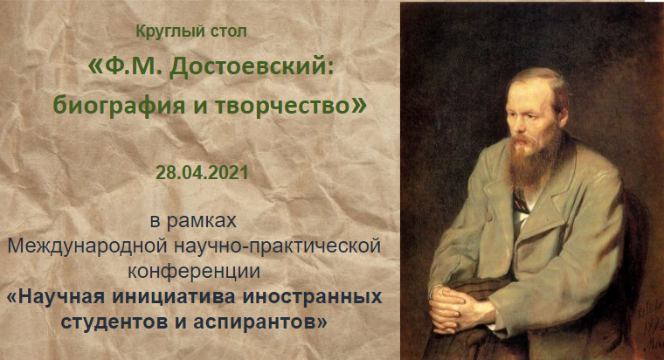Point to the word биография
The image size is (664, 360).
(120, 105)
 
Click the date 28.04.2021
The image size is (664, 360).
(202, 173)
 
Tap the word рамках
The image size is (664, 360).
(202, 221)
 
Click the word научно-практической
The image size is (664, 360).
(277, 246)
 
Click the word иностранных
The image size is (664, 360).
(312, 297)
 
